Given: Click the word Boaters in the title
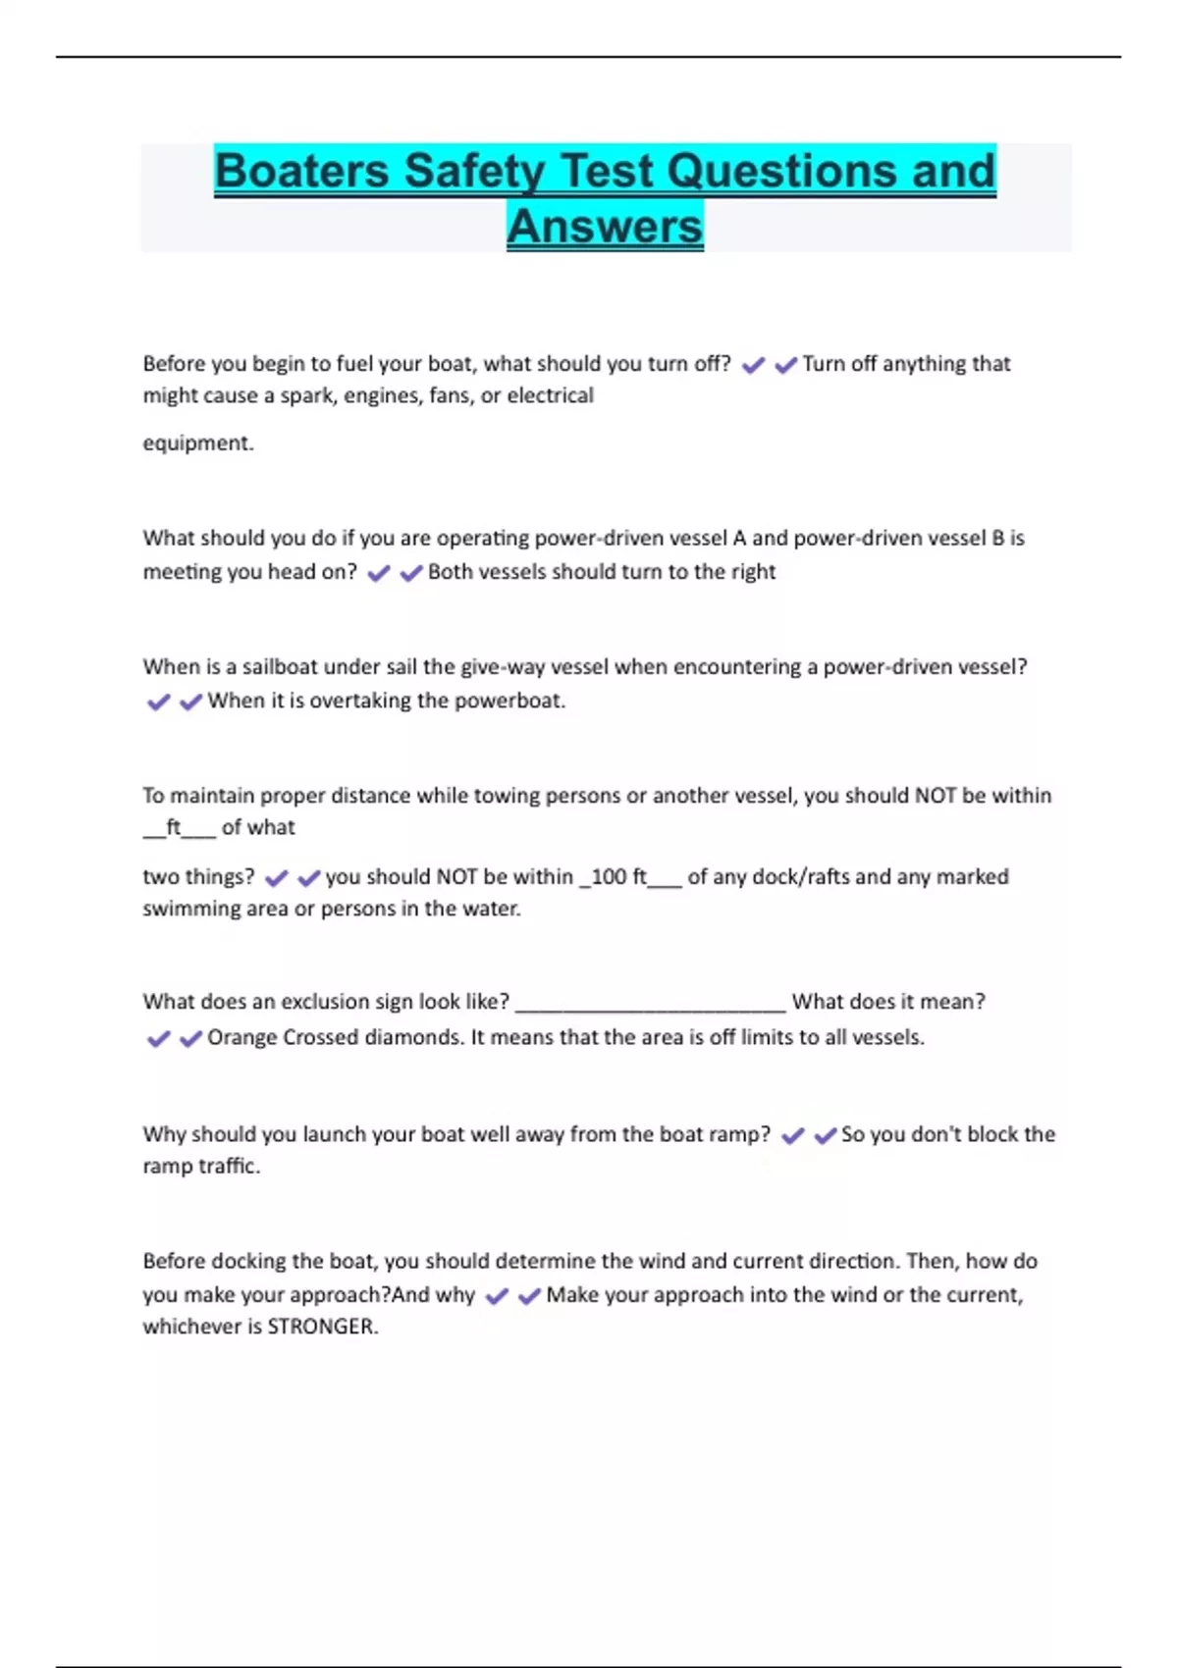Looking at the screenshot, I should point(302,171).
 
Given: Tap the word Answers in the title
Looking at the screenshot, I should point(605,227).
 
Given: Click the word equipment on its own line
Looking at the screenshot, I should point(197,443).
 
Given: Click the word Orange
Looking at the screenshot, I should point(241,1037).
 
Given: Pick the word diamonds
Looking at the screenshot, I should point(413,1037).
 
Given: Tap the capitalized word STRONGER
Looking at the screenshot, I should point(322,1327).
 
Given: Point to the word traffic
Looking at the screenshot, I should point(229,1167).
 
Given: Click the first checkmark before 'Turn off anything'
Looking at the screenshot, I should point(753,365).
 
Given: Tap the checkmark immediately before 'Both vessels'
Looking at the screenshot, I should point(411,573).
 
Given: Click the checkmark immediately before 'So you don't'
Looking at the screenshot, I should point(825,1135).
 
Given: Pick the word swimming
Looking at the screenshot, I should point(187,909).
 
